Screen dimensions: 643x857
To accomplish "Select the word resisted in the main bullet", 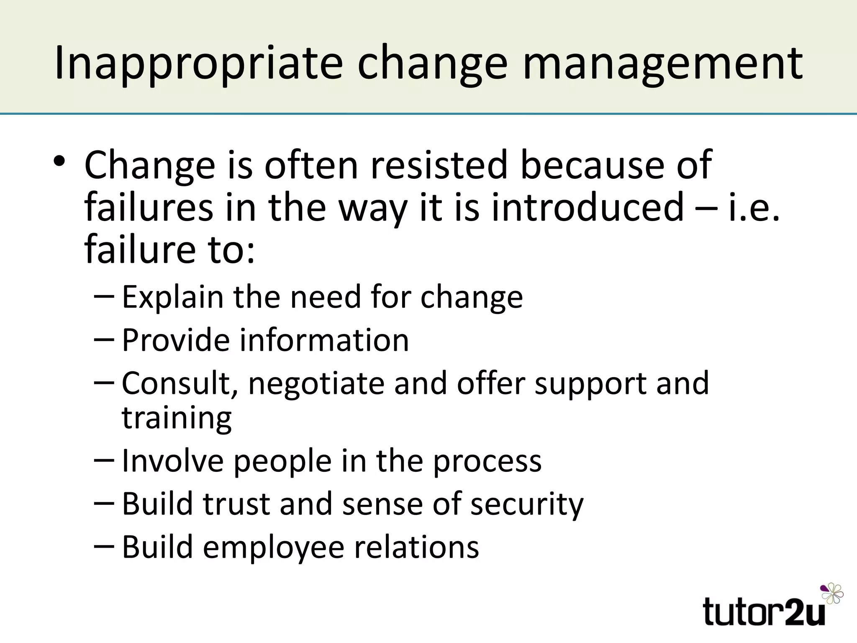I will click(439, 165).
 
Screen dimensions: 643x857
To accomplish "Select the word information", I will click(324, 340).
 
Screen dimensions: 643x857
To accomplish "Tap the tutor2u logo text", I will click(764, 612).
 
